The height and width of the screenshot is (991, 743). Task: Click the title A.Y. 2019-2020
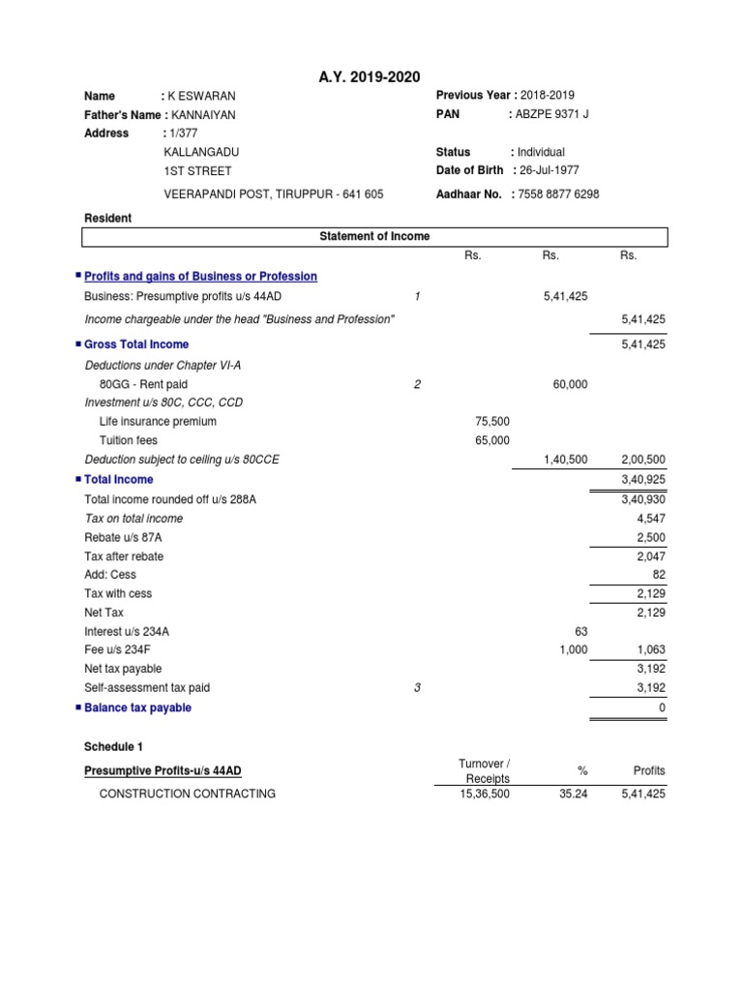371,77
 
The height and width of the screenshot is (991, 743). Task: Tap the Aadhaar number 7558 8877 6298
558,194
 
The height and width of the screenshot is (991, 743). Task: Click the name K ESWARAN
202,96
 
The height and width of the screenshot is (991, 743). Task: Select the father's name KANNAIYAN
202,114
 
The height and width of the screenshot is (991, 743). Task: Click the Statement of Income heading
374,236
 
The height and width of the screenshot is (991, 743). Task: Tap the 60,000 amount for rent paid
569,384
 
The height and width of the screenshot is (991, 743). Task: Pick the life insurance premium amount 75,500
492,421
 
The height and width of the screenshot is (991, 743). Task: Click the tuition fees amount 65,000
492,440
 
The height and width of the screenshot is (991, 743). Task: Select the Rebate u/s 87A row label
123,537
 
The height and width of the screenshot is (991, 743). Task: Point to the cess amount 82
658,575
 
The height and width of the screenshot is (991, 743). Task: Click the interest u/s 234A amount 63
580,631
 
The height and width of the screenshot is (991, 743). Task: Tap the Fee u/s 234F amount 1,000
573,649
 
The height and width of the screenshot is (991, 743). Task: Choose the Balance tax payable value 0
663,707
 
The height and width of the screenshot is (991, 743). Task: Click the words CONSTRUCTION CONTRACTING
188,794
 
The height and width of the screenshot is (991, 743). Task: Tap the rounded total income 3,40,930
643,499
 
